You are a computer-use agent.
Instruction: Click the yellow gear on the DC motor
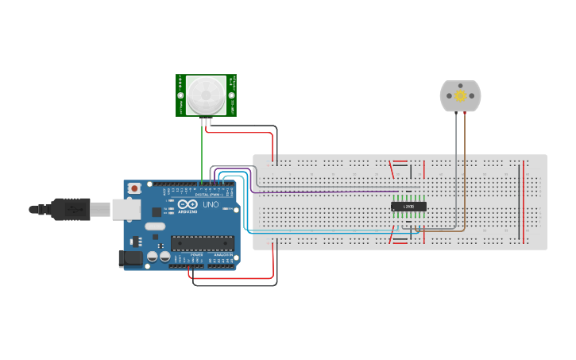coord(460,95)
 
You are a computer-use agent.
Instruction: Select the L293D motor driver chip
coord(408,207)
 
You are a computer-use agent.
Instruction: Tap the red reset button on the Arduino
coord(135,188)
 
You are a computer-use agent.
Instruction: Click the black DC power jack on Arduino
coord(127,257)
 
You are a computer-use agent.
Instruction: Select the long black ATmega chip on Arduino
coord(203,243)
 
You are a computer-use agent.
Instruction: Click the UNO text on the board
coord(211,204)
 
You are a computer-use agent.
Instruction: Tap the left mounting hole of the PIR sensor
coord(181,95)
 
